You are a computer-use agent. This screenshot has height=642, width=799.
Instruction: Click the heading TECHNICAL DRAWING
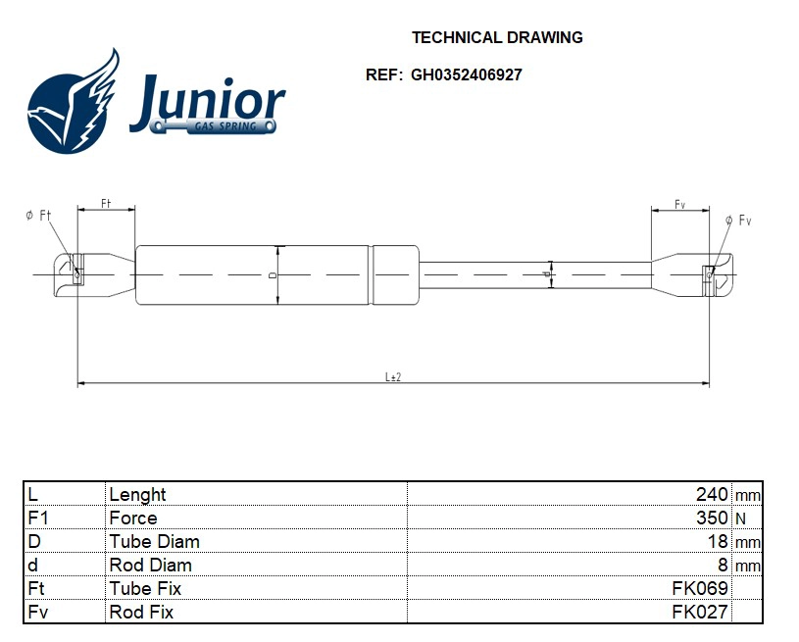point(497,38)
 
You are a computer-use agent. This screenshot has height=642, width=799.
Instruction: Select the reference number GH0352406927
point(466,74)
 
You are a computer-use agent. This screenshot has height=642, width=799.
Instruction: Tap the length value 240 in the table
point(711,494)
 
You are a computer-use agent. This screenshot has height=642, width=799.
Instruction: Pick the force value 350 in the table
point(711,518)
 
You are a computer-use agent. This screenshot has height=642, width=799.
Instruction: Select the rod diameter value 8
point(724,565)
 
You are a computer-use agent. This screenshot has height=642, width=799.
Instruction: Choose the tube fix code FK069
point(700,588)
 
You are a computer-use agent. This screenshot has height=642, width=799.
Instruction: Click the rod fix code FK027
point(700,612)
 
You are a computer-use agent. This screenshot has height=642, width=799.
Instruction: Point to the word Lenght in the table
point(137,494)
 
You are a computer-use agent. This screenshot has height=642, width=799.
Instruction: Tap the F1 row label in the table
point(38,518)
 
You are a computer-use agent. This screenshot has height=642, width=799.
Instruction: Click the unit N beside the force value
point(740,518)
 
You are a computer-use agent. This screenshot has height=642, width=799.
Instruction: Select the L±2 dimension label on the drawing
point(392,376)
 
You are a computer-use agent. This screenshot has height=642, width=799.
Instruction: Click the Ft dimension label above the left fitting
point(106,203)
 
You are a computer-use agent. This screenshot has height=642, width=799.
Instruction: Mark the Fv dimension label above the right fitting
point(679,203)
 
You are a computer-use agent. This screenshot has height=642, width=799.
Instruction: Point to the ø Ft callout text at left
point(38,216)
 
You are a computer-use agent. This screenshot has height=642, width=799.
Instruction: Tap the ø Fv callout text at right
point(737,221)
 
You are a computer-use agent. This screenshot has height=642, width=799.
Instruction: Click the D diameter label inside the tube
point(273,275)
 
